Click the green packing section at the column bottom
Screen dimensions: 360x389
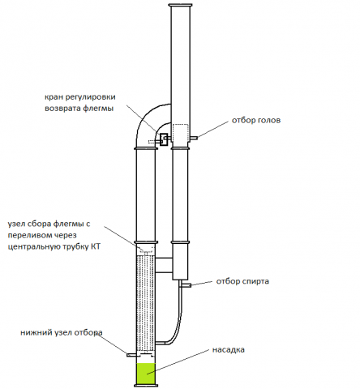click(x=146, y=374)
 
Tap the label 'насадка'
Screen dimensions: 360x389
click(x=229, y=350)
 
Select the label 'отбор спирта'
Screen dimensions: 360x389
click(x=242, y=281)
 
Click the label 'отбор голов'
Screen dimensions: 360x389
click(x=256, y=120)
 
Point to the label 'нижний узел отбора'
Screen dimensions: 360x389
click(x=62, y=332)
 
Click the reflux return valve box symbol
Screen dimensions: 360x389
click(x=164, y=139)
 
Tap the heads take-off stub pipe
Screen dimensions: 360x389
click(x=194, y=138)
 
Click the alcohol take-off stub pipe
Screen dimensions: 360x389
click(x=186, y=285)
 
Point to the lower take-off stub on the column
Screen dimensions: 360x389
click(x=131, y=355)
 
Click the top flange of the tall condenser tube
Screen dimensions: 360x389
click(x=180, y=5)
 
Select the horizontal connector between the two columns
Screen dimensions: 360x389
click(x=164, y=265)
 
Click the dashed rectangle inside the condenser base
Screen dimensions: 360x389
click(x=180, y=132)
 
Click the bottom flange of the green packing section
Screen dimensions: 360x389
click(x=146, y=386)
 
